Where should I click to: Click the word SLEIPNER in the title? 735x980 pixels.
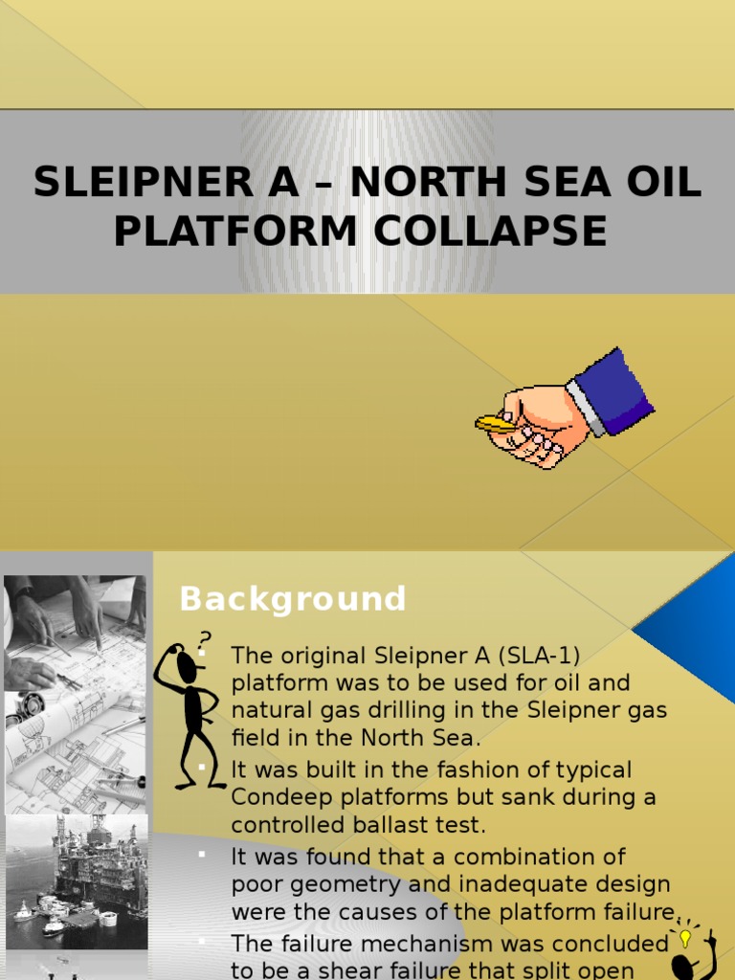(144, 182)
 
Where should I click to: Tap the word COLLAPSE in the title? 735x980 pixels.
(490, 231)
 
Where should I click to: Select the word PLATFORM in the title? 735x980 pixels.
(235, 231)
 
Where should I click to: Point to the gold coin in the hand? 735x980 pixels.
(495, 424)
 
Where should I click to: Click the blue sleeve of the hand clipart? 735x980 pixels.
(613, 390)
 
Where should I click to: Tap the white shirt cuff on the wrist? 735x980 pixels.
(585, 408)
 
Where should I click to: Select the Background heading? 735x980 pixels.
(293, 599)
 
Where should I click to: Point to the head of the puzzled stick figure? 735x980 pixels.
(187, 665)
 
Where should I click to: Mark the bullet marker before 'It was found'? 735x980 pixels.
(202, 854)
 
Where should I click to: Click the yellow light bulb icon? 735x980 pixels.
(685, 938)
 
